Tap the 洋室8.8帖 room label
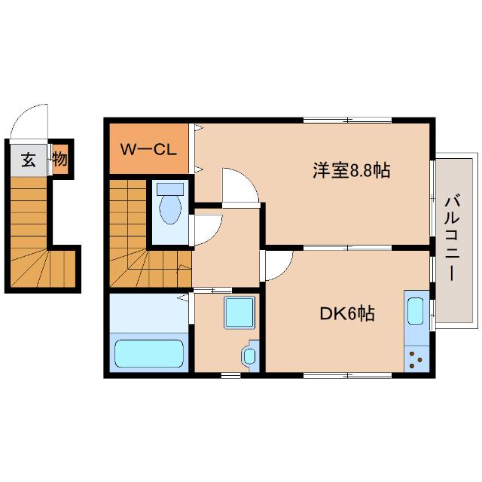click(351, 170)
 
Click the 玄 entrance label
click(28, 160)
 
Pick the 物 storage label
click(60, 160)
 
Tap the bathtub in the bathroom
click(148, 353)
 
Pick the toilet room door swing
click(207, 226)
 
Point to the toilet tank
click(171, 188)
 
